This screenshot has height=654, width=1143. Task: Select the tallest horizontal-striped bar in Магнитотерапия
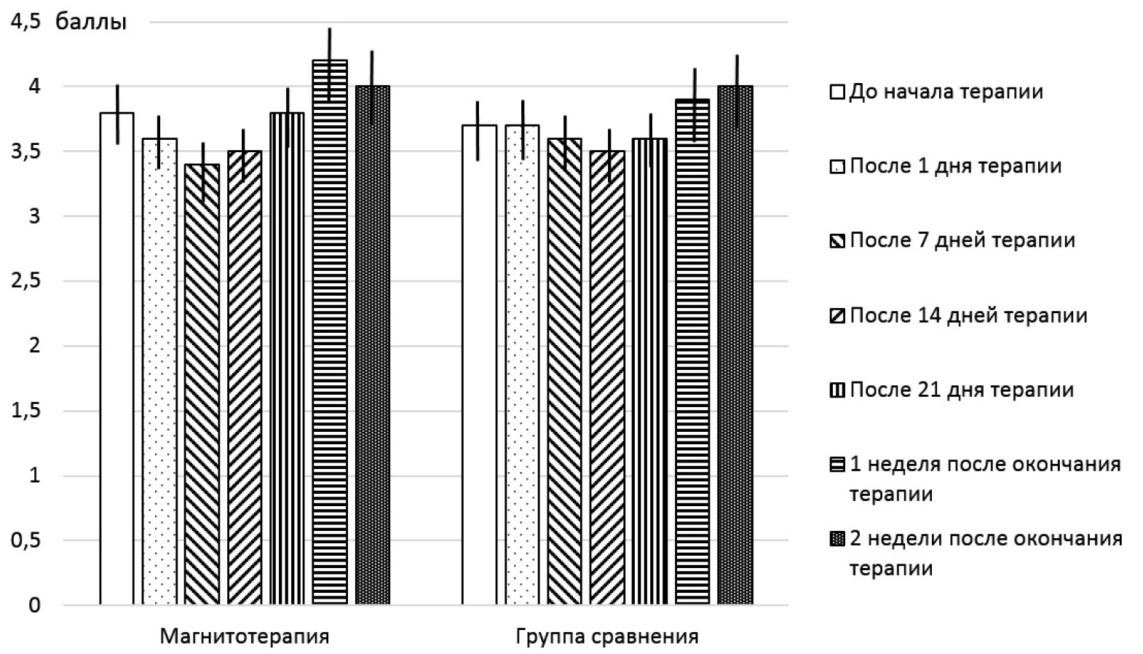pos(330,332)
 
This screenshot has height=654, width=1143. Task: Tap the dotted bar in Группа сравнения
pos(523,364)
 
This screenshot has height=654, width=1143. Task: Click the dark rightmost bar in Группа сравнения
pos(735,345)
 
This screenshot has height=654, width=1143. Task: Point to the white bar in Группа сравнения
pos(480,364)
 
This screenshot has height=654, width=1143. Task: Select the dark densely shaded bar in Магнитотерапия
pos(373,345)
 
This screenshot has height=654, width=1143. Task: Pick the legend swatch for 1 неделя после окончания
pos(837,465)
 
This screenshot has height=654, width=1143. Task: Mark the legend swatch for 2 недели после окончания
pos(837,539)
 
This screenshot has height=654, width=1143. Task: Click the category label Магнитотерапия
pos(245,637)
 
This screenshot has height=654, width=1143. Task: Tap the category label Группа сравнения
pos(607,637)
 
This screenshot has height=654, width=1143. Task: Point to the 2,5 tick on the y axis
pos(25,281)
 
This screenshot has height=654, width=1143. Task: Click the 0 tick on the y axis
pos(34,605)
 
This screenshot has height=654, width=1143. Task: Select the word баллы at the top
pos(91,23)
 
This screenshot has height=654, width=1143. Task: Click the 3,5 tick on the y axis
pos(25,151)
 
